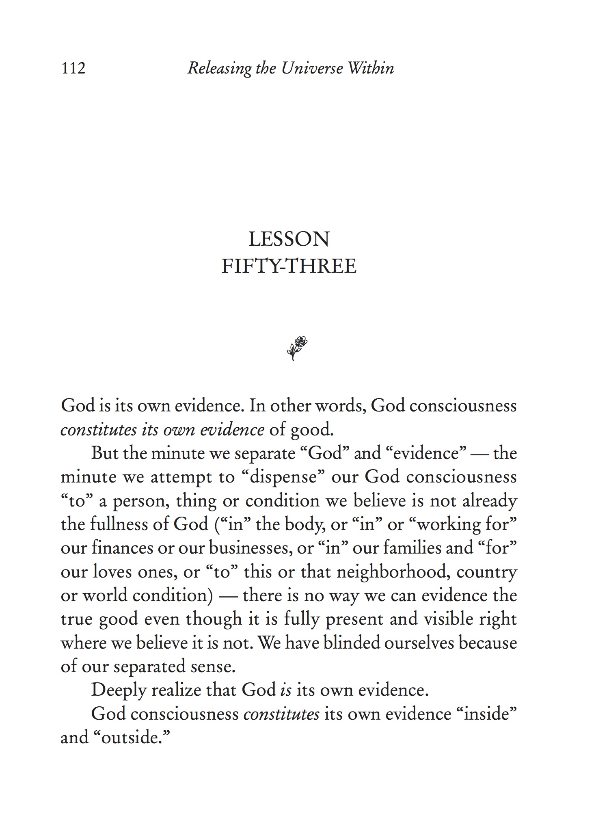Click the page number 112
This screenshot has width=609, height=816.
pos(73,68)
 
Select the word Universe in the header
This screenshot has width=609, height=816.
pos(312,68)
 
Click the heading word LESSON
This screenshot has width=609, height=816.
pos(289,239)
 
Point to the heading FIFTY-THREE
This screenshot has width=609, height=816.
pos(289,266)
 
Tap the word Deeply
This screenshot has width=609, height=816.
pos(118,690)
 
